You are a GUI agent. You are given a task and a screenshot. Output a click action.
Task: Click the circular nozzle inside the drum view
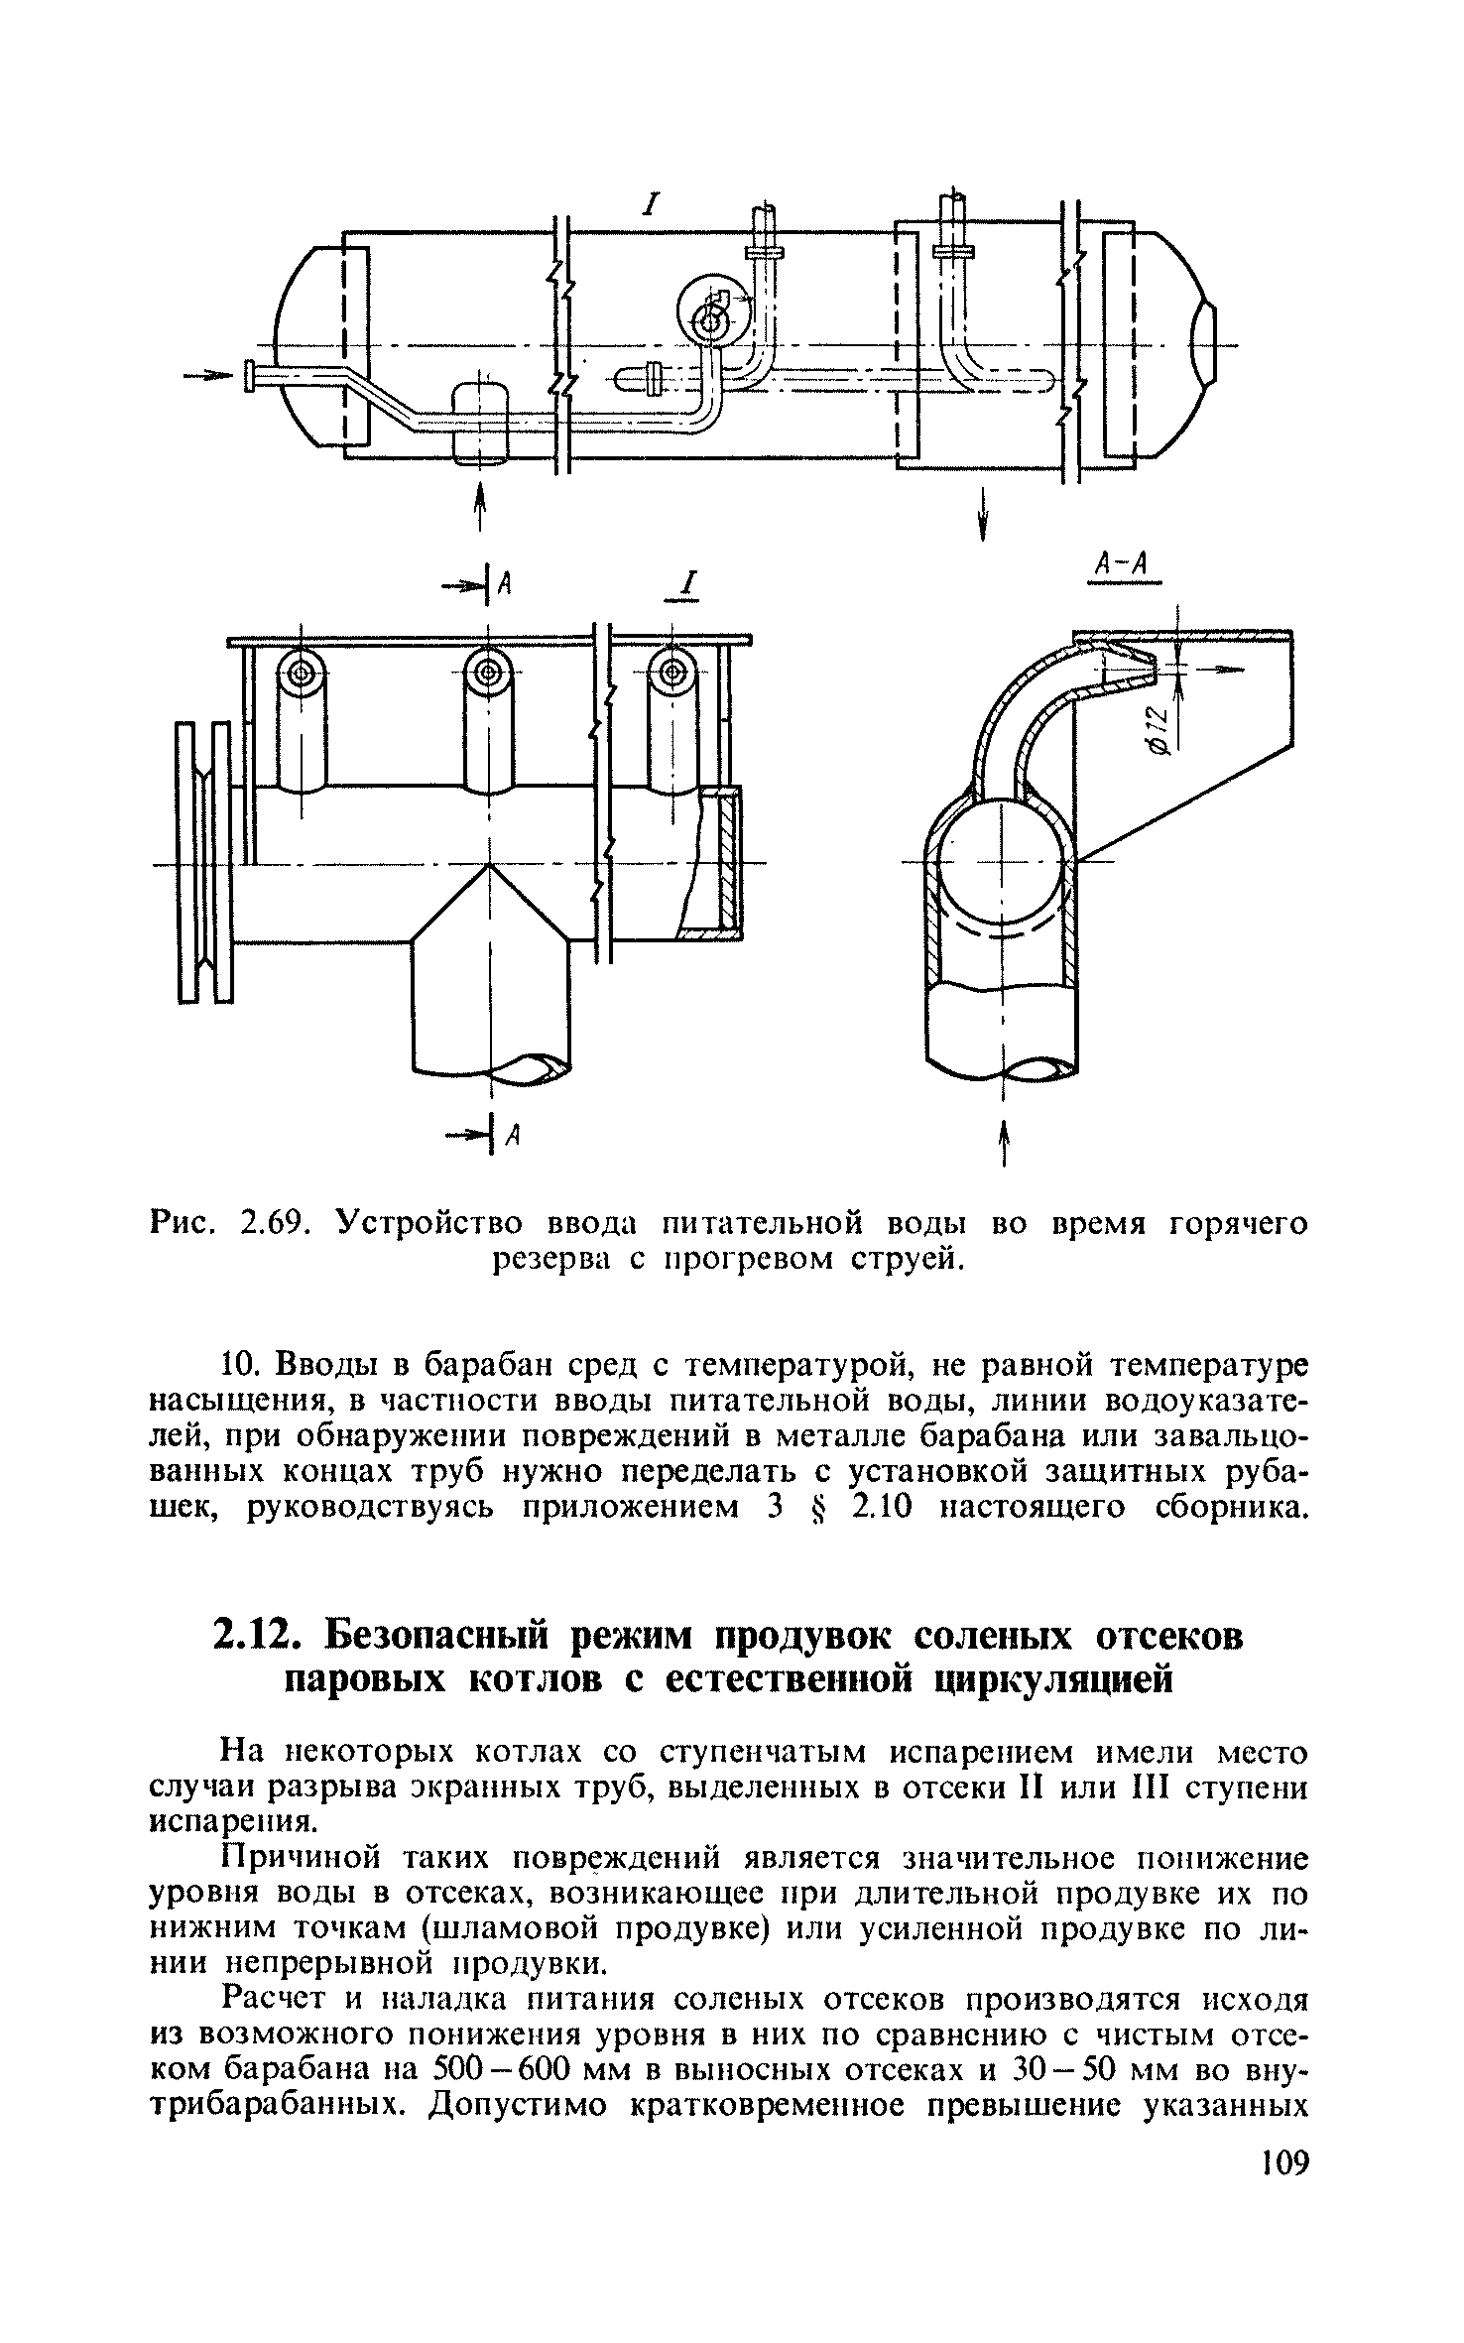point(707,317)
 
